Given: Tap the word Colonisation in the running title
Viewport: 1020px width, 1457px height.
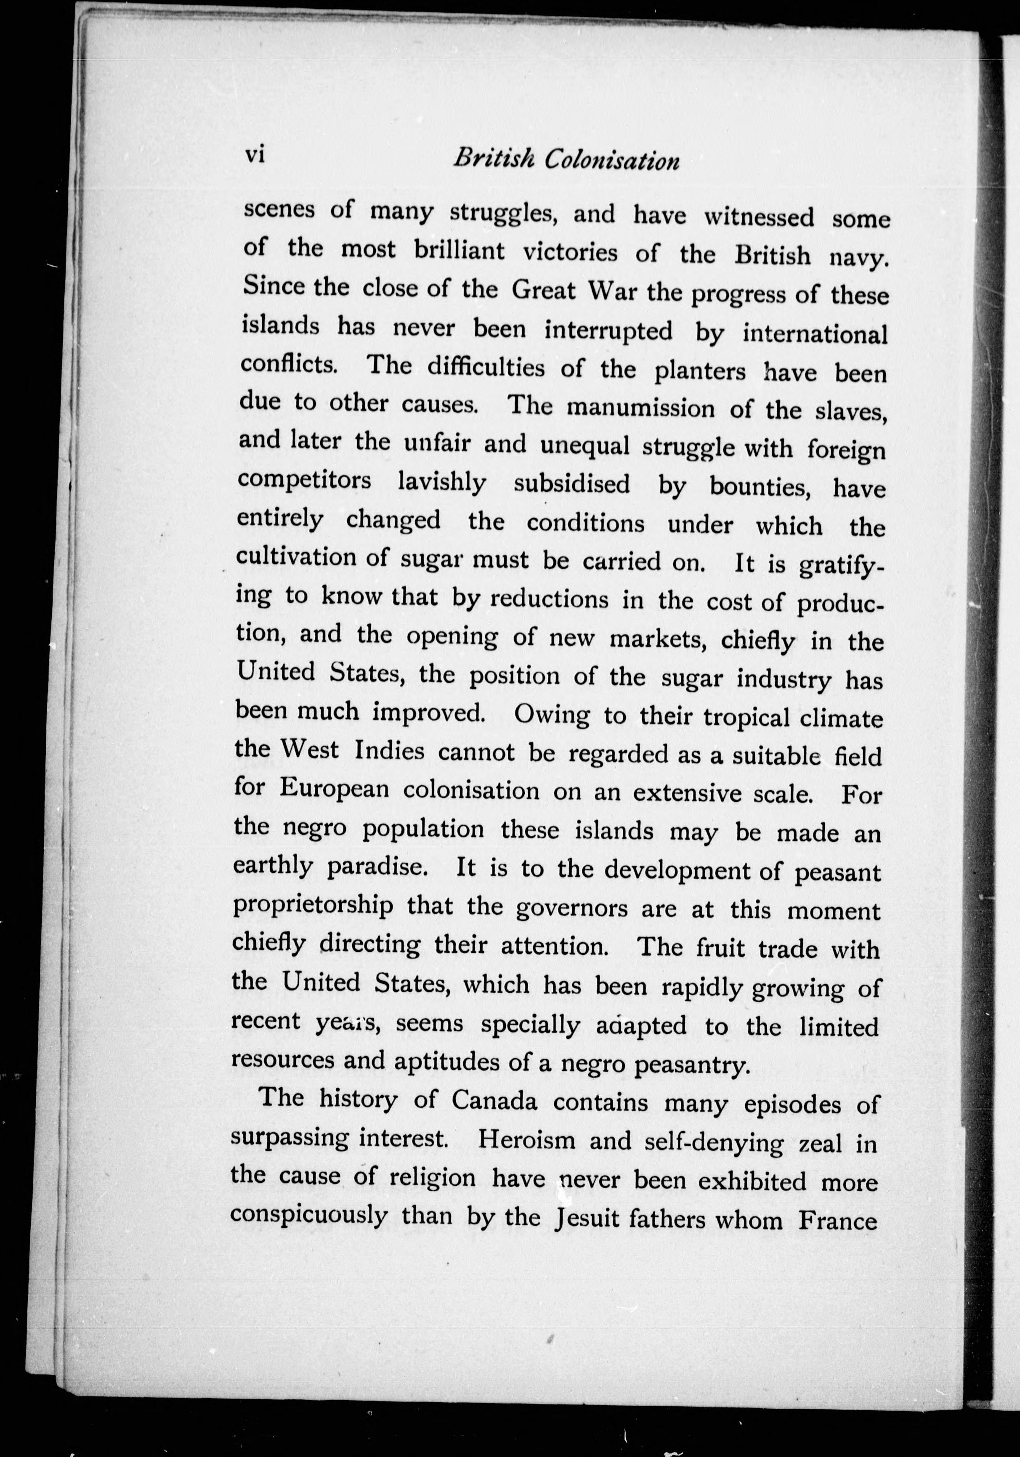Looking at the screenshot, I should [x=612, y=161].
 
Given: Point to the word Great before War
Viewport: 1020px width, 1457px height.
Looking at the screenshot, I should [x=543, y=291].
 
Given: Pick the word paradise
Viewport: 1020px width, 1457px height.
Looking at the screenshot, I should [x=375, y=867].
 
